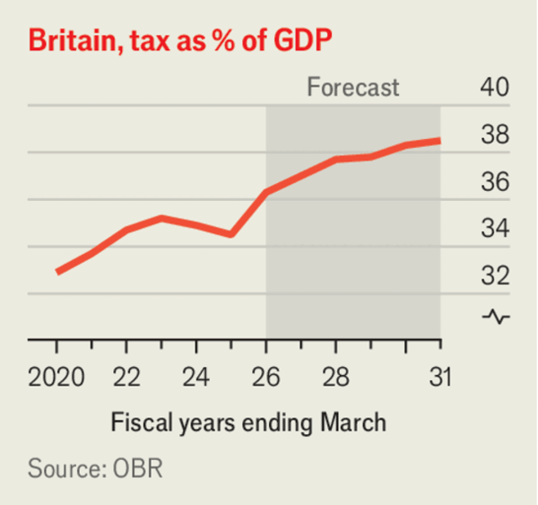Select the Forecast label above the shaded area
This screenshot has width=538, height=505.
pos(352,88)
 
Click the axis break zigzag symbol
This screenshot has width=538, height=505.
pos(495,316)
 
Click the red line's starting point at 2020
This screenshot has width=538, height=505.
pos(56,271)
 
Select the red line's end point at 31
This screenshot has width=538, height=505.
pos(439,140)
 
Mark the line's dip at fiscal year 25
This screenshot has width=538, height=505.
pos(231,234)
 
